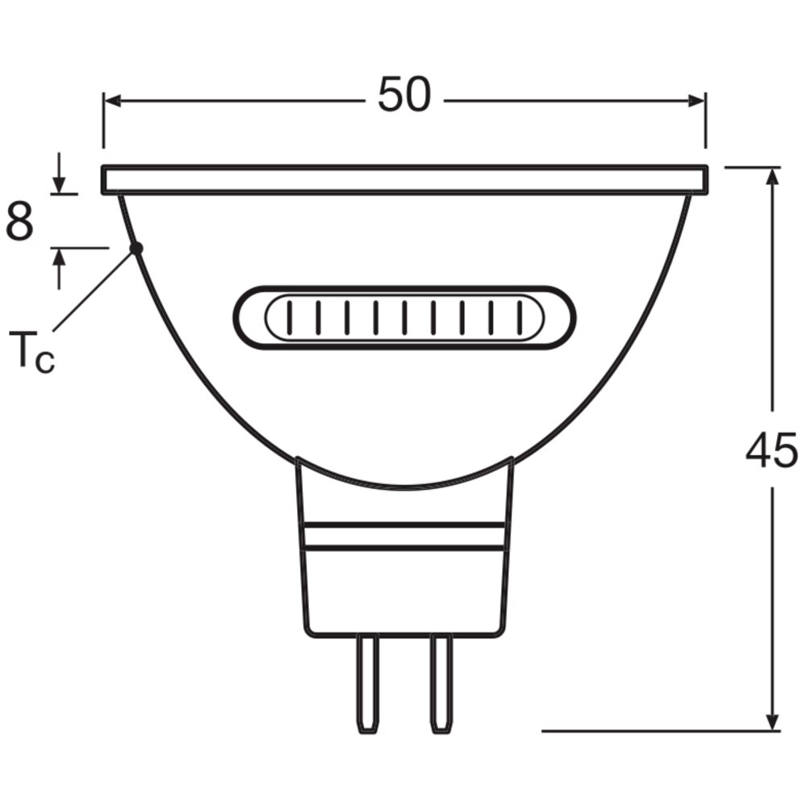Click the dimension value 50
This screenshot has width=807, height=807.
click(x=404, y=94)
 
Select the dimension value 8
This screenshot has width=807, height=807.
click(x=19, y=222)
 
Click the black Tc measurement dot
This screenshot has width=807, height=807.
click(x=136, y=249)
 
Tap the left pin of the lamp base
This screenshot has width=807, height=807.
click(x=368, y=684)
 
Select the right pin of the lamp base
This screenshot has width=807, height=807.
click(x=442, y=684)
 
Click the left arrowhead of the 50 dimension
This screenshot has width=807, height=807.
click(x=112, y=101)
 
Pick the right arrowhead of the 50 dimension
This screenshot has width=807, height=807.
click(x=696, y=101)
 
